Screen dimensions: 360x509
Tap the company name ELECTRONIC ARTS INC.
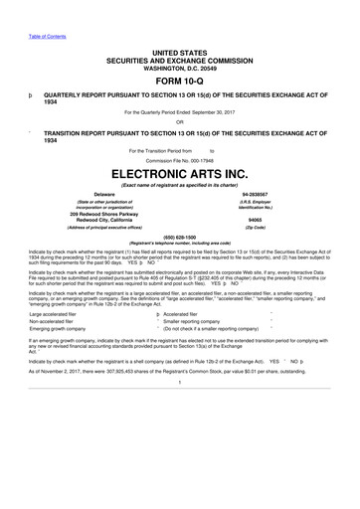point(179,172)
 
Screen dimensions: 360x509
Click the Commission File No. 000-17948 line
point(179,159)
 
